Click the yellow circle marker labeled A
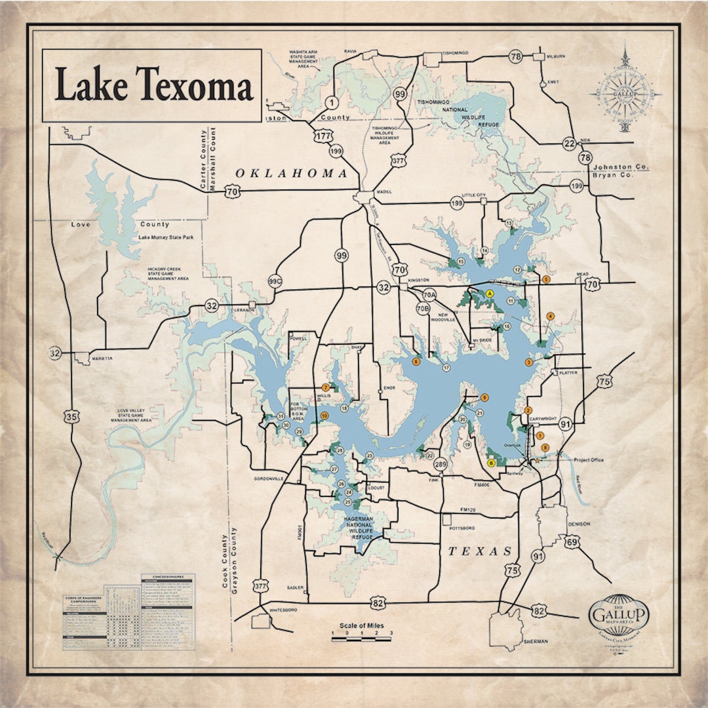pos(489,294)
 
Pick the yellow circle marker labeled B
pos(491,463)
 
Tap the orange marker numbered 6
pos(416,361)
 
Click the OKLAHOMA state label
pos(291,174)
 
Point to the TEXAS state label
pos(479,551)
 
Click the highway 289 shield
pos(441,465)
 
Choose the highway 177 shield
pos(321,136)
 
